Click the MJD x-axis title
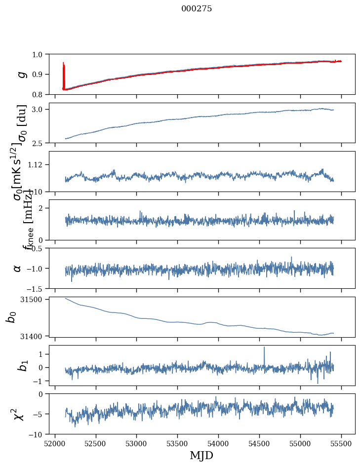[201, 455]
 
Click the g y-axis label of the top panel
[21, 74]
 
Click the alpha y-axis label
[17, 268]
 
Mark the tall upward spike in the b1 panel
[264, 349]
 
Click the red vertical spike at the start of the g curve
[64, 74]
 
